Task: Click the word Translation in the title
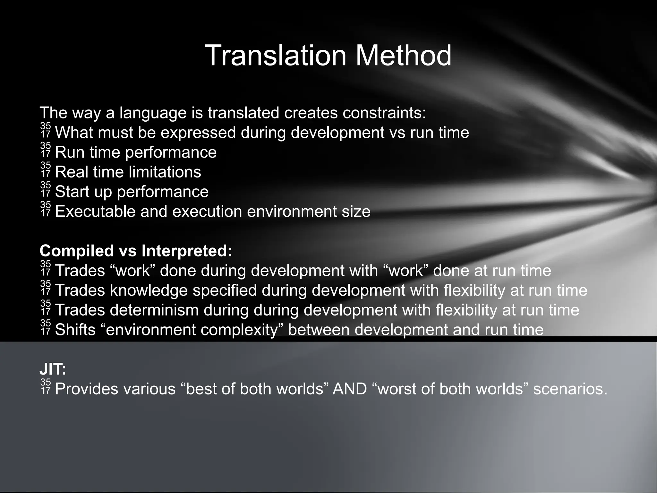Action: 276,56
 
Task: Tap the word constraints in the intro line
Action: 381,113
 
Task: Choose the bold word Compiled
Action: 76,251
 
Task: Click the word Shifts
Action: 75,330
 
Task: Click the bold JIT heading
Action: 53,369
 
